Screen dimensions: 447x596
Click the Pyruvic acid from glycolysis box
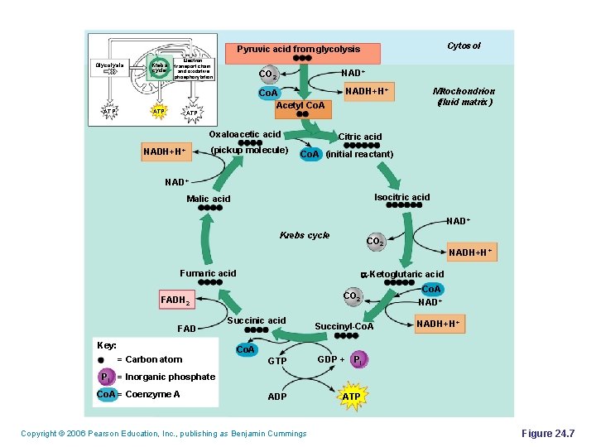coord(299,50)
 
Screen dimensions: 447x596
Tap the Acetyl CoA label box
coord(301,106)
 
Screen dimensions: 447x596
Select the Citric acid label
coord(360,137)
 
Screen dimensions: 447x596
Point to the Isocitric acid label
coord(402,197)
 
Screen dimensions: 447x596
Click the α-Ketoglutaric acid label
coord(401,274)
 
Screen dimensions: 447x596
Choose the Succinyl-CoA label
coord(344,326)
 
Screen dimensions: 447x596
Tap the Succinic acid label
coord(257,320)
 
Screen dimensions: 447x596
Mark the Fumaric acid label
coord(208,273)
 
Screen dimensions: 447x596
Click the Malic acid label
coord(209,199)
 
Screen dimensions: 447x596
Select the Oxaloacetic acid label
coord(245,134)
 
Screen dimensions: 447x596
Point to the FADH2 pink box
coord(175,300)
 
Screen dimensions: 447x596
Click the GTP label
coord(277,361)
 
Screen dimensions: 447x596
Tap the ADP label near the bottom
coord(277,397)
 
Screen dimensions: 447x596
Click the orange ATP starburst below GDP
coord(352,397)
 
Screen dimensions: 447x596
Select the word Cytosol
coord(464,46)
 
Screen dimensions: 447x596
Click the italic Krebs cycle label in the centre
coord(305,235)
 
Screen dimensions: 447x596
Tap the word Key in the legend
coord(107,344)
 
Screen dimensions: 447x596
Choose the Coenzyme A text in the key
coord(152,394)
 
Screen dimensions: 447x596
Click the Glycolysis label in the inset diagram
coord(109,65)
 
